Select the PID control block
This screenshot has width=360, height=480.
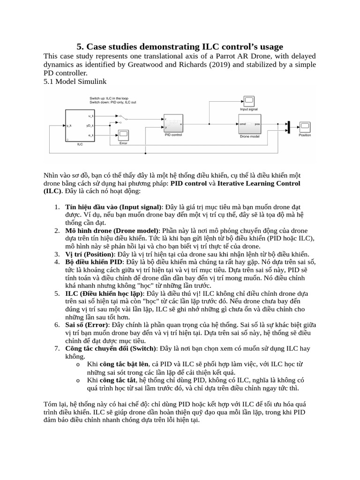click(x=173, y=124)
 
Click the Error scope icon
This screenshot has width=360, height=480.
click(x=123, y=135)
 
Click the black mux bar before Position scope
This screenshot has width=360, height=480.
click(x=289, y=127)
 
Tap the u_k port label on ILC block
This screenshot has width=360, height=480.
click(x=90, y=115)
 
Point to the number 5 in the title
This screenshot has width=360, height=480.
click(x=79, y=46)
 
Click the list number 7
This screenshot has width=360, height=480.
click(x=56, y=349)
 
